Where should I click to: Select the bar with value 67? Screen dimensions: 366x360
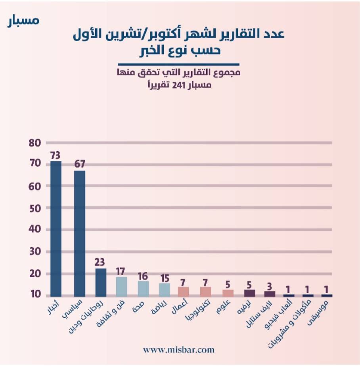[x=80, y=233]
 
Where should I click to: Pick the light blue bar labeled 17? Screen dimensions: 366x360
[x=121, y=286]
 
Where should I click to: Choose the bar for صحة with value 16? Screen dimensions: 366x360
[x=143, y=288]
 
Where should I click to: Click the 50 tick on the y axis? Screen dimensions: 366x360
[x=35, y=208]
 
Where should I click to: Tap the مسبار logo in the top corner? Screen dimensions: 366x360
[x=24, y=20]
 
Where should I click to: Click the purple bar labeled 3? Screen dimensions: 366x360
[x=270, y=294]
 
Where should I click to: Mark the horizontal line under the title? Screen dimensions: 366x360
[x=179, y=64]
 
